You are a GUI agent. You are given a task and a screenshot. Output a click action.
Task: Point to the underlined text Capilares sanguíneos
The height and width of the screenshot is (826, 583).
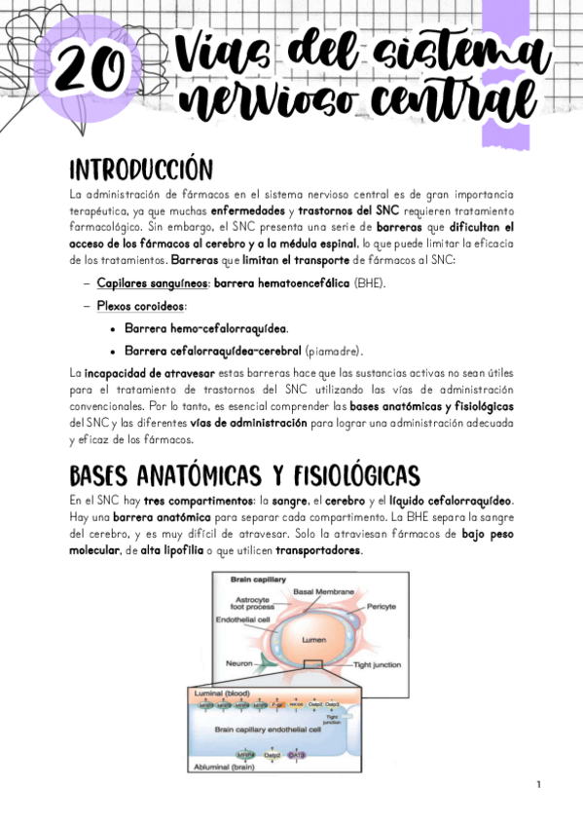(x=151, y=283)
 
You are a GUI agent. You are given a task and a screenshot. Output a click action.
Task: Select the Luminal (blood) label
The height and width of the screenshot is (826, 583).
(x=223, y=692)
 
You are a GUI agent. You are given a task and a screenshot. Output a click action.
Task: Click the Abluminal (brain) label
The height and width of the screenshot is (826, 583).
(x=225, y=769)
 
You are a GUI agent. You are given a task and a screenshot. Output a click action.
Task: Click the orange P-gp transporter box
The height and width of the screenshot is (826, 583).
(x=276, y=702)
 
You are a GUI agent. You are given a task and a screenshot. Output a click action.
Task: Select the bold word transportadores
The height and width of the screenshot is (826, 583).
(x=318, y=550)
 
